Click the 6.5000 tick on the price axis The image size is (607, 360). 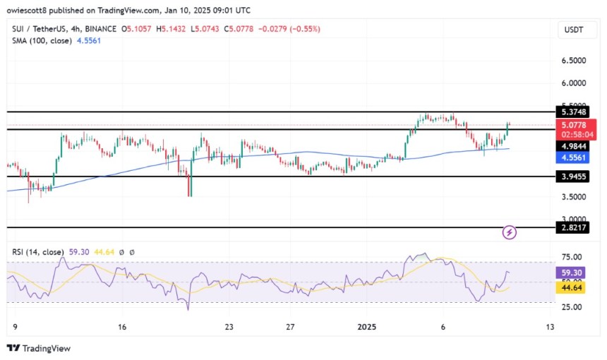point(572,61)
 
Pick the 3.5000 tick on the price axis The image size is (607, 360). point(572,197)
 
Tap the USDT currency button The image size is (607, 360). point(572,29)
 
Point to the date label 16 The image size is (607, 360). point(121,328)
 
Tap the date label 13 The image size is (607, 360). point(550,328)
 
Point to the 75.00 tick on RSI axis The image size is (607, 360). point(572,257)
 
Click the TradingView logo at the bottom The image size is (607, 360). point(39,348)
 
